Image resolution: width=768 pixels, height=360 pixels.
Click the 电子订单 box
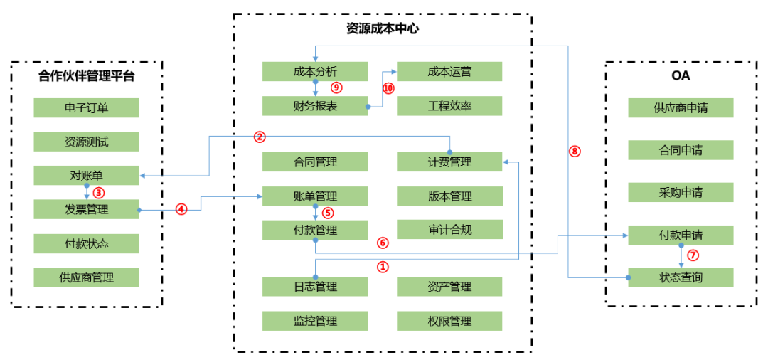(86, 107)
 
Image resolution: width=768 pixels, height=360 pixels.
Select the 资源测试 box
(86, 142)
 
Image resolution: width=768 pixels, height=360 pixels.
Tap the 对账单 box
(86, 175)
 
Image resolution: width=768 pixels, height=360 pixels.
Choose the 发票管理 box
(86, 209)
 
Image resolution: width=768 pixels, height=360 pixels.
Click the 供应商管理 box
(86, 277)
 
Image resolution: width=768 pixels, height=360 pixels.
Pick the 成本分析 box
(314, 71)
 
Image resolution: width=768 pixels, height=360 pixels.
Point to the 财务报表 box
(314, 106)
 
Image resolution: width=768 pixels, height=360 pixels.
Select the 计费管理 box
(449, 162)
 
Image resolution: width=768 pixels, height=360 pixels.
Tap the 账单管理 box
(314, 196)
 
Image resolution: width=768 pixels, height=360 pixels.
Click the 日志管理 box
(314, 287)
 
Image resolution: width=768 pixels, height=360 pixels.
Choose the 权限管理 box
(449, 321)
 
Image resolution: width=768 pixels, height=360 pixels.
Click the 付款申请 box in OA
(681, 235)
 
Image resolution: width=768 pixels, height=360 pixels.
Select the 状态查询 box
(681, 277)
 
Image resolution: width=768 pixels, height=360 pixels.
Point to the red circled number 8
(575, 151)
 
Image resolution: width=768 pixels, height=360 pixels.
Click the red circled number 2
(260, 136)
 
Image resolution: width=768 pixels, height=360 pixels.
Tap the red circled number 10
(388, 88)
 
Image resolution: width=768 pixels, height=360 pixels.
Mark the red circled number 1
(383, 268)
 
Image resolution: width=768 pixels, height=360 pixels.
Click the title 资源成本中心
(382, 29)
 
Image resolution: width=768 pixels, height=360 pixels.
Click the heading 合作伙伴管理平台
(86, 76)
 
